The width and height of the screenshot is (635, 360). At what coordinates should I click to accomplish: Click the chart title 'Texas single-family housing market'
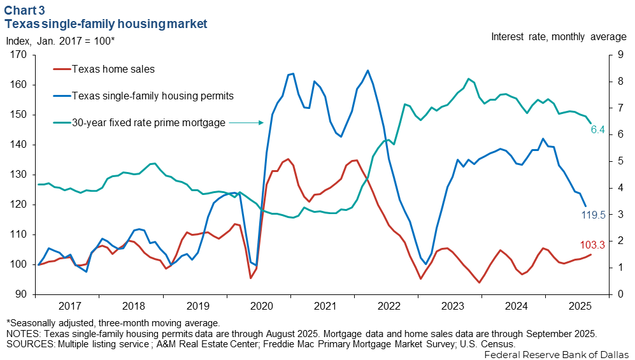point(106,24)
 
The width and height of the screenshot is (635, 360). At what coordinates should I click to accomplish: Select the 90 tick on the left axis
point(20,294)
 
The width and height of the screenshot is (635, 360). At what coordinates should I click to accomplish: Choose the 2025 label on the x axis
point(578,306)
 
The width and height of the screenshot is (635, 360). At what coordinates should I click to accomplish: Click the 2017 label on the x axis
point(68,306)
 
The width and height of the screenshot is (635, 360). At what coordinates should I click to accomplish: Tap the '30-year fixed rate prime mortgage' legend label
point(148,122)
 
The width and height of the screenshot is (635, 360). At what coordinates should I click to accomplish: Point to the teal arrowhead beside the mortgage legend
point(261,122)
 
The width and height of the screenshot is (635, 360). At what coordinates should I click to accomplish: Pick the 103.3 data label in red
point(593,245)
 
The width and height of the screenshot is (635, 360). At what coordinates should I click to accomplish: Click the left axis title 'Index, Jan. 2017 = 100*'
point(61,41)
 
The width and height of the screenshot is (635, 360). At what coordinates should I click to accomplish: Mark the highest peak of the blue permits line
point(367,70)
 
